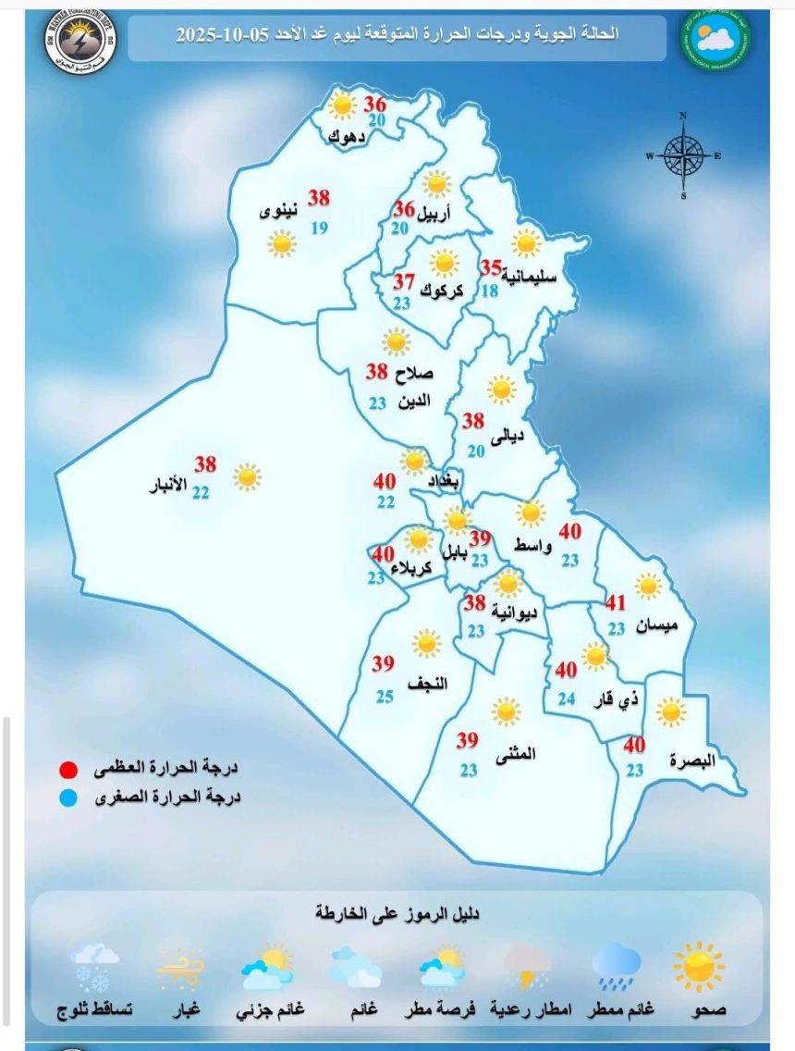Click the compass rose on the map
pyautogui.click(x=683, y=155)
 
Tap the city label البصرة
pyautogui.click(x=693, y=761)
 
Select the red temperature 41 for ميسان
pyautogui.click(x=616, y=603)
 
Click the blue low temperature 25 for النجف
pyautogui.click(x=383, y=696)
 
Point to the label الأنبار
pyautogui.click(x=167, y=483)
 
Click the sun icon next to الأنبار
pyautogui.click(x=246, y=476)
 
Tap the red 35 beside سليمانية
pyautogui.click(x=490, y=267)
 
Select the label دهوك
pyautogui.click(x=347, y=138)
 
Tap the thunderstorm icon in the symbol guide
pyautogui.click(x=528, y=966)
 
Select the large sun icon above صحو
pyautogui.click(x=699, y=966)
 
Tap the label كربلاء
pyautogui.click(x=410, y=568)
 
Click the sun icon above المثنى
pyautogui.click(x=506, y=711)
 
